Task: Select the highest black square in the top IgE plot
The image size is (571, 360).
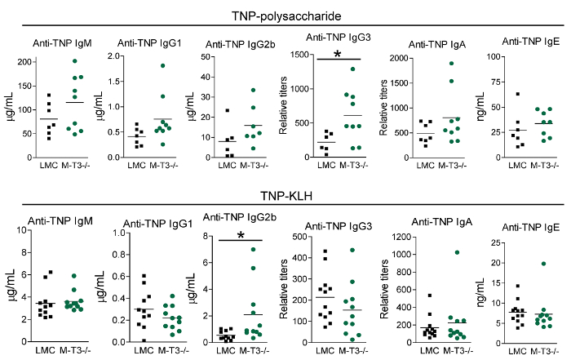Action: pos(517,95)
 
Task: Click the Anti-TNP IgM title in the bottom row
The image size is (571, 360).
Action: pos(58,220)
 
